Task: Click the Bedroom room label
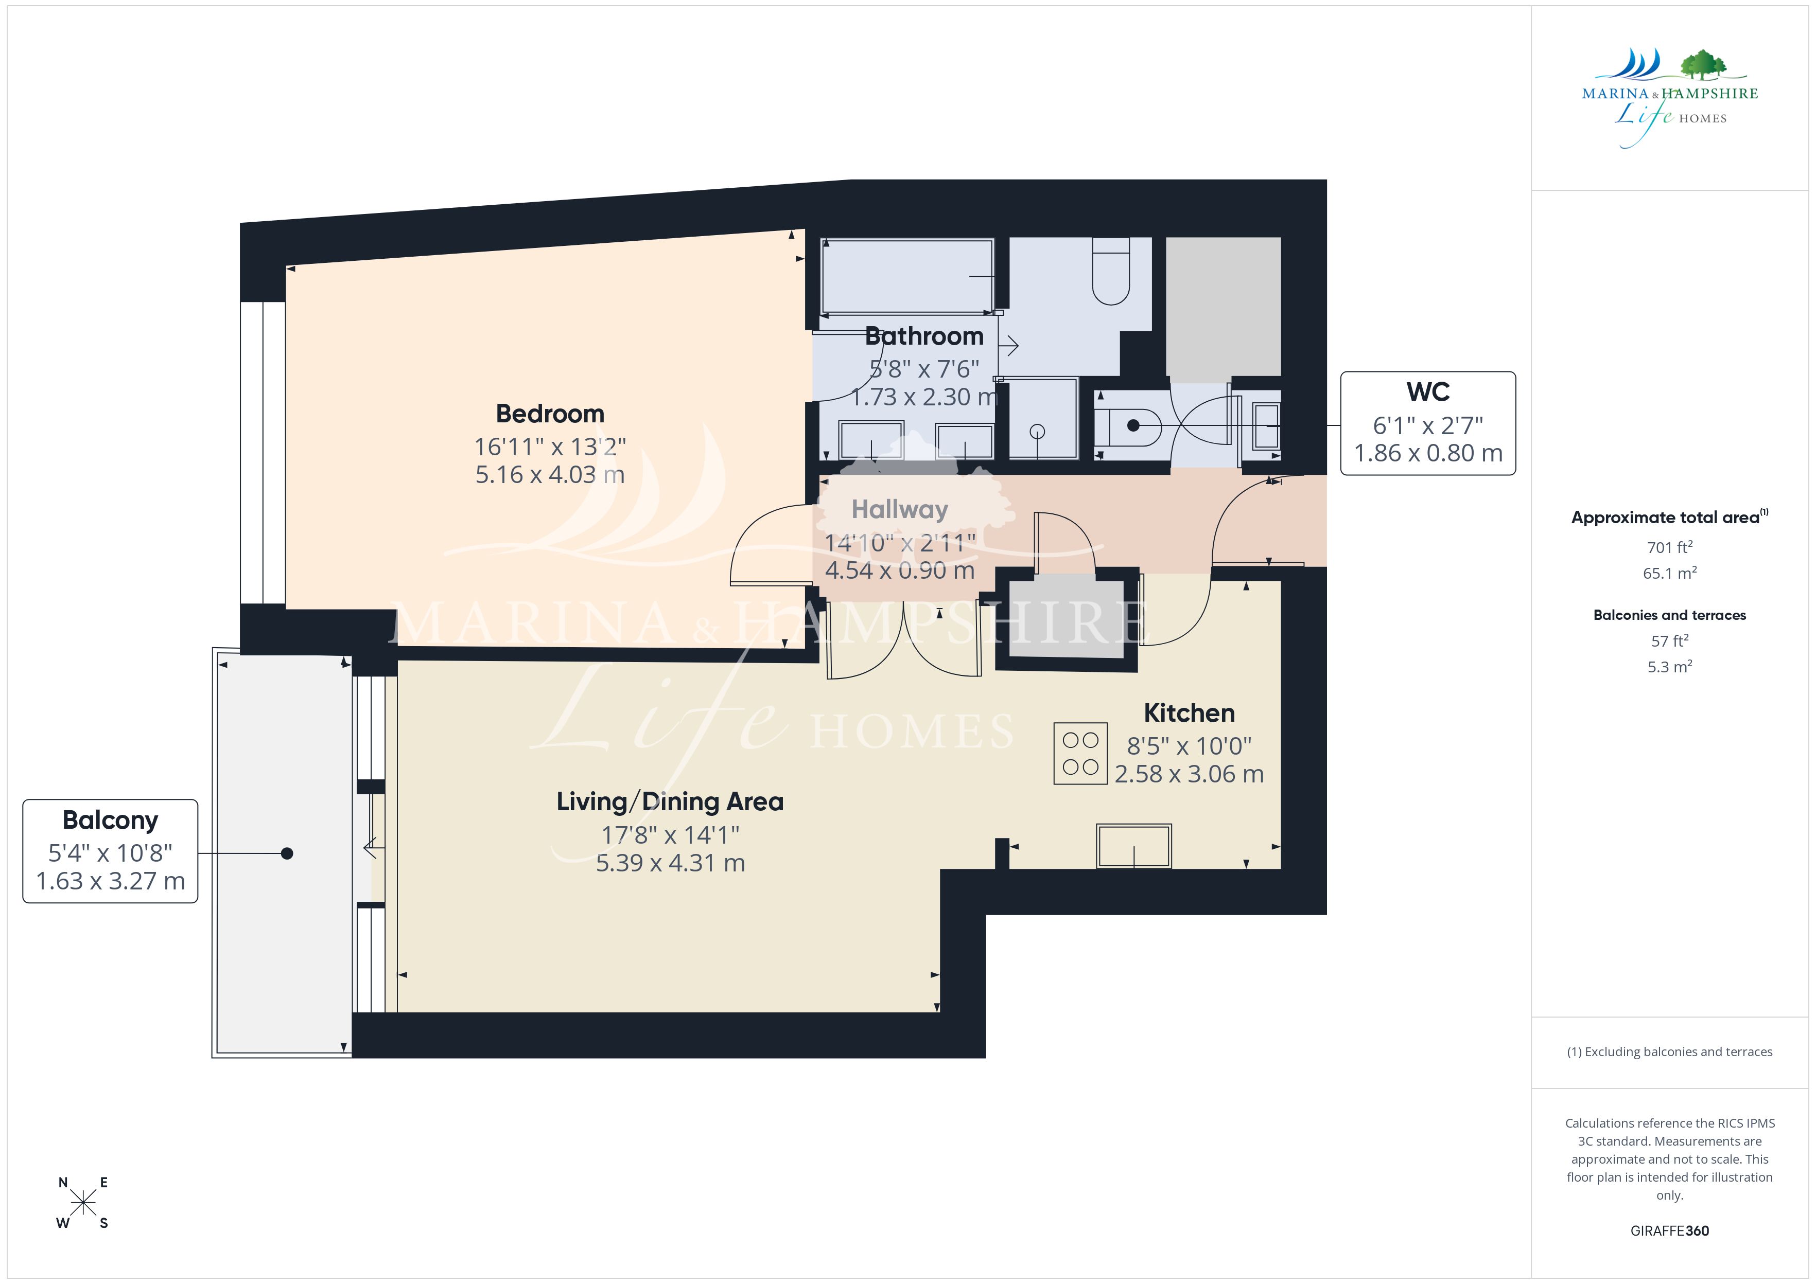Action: pos(550,414)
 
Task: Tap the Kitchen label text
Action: pos(1189,713)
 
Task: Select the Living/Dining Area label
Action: pos(670,801)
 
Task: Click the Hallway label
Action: pos(899,510)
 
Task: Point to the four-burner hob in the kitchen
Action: pos(1079,754)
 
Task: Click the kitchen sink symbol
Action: pos(1133,846)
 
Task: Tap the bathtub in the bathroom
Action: pos(907,276)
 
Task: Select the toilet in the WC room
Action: pos(1128,426)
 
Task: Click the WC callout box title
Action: pos(1428,392)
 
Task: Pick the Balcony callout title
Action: pos(110,821)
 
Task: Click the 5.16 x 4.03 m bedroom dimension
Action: pos(550,474)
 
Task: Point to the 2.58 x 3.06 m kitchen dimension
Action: pos(1189,774)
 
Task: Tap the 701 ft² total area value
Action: pos(1669,547)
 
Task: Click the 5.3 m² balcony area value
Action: pos(1669,667)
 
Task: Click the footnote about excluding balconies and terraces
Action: pos(1669,1051)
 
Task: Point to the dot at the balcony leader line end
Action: pos(287,853)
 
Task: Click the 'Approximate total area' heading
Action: pos(1669,517)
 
